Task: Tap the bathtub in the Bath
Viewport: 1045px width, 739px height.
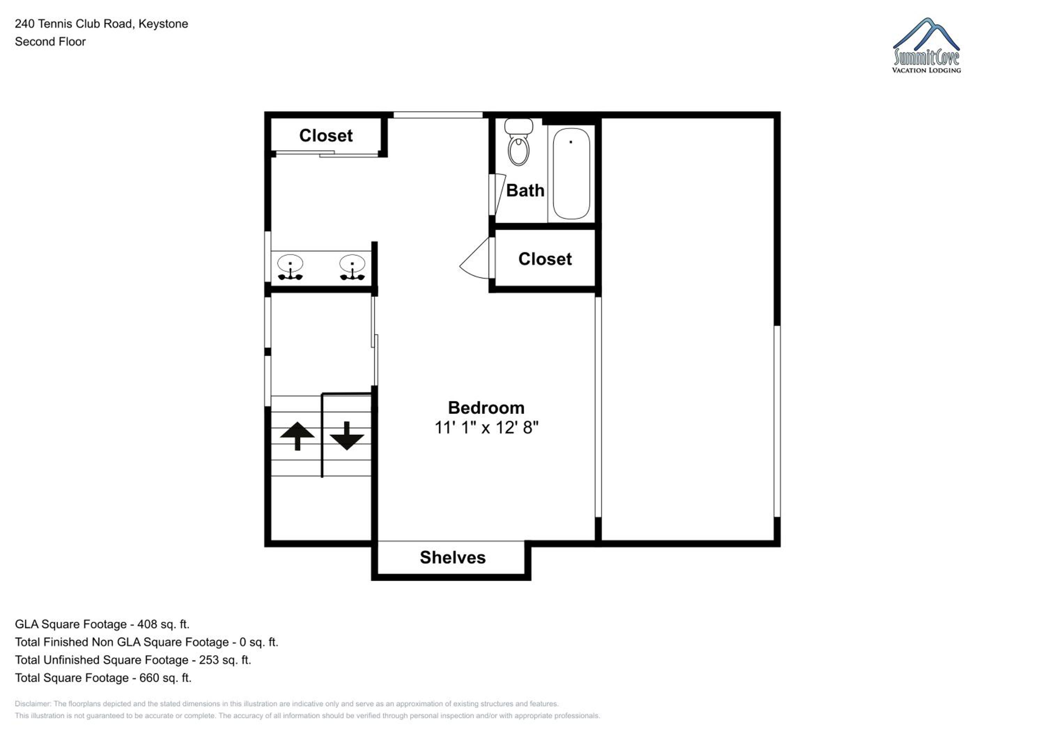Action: [x=571, y=173]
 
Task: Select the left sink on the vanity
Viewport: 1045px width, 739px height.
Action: [x=291, y=267]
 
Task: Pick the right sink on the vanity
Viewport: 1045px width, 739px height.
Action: [x=352, y=267]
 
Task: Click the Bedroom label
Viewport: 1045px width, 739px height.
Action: [x=486, y=408]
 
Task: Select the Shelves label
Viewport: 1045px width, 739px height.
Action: [x=452, y=558]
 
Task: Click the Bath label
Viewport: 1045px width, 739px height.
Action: [x=525, y=190]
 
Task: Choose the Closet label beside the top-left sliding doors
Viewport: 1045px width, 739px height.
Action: [x=326, y=135]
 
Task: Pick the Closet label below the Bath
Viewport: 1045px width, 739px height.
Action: [x=545, y=258]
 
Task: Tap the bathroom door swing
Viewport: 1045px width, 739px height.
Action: [x=500, y=194]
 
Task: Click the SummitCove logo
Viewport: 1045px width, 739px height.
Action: [x=926, y=46]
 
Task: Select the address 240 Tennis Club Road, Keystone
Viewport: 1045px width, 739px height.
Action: [x=101, y=24]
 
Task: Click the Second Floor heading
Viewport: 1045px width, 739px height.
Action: [x=50, y=41]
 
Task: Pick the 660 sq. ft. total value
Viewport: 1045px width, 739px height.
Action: [x=165, y=678]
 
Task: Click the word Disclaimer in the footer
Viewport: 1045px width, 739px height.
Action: [x=32, y=703]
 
